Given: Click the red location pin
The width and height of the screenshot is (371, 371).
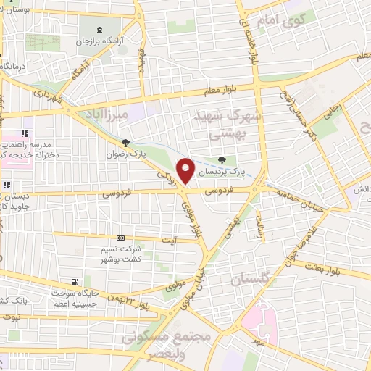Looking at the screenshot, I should point(186,170).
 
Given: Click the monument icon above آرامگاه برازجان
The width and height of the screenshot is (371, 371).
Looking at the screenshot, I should point(100,29).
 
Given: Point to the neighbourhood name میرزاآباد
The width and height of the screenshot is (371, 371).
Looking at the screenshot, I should point(107,114).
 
